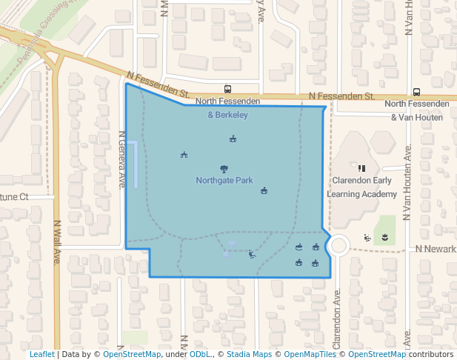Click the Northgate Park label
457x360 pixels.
[224, 180]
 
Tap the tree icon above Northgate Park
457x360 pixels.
[224, 169]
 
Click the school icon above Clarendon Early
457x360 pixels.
[361, 168]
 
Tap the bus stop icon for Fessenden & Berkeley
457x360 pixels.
[227, 88]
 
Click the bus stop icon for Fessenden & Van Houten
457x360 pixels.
[416, 92]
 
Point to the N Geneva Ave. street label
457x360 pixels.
[122, 160]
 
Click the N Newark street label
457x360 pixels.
[436, 249]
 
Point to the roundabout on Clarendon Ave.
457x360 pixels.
[339, 245]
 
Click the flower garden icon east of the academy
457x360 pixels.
[384, 237]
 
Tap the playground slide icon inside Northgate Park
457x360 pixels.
[252, 255]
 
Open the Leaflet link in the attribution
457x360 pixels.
[42, 354]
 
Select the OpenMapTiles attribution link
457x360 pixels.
[310, 354]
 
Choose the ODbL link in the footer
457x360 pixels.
[200, 354]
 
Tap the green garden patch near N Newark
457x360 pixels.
[384, 229]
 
